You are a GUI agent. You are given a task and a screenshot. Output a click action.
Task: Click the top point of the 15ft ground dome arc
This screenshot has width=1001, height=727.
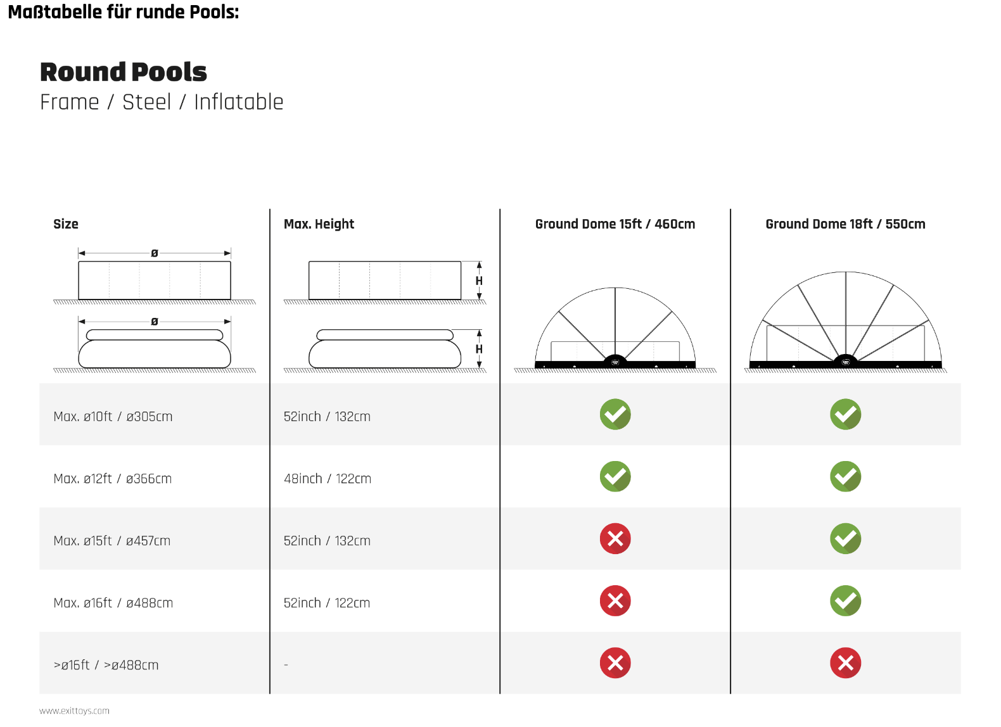[x=615, y=288]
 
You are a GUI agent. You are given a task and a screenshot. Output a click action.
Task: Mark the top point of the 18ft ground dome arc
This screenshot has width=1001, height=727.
[x=846, y=272]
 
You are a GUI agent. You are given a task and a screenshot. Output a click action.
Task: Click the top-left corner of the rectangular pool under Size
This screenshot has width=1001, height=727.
[x=79, y=262]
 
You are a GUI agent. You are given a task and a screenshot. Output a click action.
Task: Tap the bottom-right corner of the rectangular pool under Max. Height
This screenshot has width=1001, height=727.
[x=461, y=299]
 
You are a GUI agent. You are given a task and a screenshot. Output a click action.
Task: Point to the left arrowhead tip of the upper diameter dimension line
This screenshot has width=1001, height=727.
[x=79, y=253]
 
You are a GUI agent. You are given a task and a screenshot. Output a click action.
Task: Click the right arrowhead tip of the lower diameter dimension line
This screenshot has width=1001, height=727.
[x=231, y=322]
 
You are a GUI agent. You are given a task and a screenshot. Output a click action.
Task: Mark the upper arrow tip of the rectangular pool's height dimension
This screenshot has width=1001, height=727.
[x=480, y=262]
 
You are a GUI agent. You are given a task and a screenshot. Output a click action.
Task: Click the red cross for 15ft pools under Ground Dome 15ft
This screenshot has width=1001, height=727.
[x=615, y=538]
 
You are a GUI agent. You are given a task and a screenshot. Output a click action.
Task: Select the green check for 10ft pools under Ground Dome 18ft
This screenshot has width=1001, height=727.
[x=846, y=414]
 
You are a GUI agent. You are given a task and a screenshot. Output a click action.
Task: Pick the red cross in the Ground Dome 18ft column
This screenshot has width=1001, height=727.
[x=846, y=662]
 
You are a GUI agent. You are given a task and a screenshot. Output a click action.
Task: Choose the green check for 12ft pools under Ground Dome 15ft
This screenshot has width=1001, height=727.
[x=615, y=476]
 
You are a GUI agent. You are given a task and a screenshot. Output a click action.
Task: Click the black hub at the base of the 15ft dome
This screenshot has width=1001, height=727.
[x=615, y=361]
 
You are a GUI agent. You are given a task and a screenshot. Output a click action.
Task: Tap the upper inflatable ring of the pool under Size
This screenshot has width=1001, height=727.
[x=155, y=335]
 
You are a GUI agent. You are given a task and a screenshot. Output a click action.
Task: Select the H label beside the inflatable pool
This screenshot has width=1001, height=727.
[x=479, y=349]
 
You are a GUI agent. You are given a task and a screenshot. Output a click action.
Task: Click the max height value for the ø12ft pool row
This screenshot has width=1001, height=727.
[x=328, y=478]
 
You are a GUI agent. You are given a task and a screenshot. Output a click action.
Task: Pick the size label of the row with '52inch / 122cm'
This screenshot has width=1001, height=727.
[x=113, y=603]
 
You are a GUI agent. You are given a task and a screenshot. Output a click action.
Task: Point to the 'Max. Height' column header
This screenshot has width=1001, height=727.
[x=319, y=224]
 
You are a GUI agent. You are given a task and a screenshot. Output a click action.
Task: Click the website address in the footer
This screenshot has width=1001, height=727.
[x=74, y=711]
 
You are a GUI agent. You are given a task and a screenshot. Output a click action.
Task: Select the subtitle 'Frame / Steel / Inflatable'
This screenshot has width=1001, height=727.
[x=162, y=102]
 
